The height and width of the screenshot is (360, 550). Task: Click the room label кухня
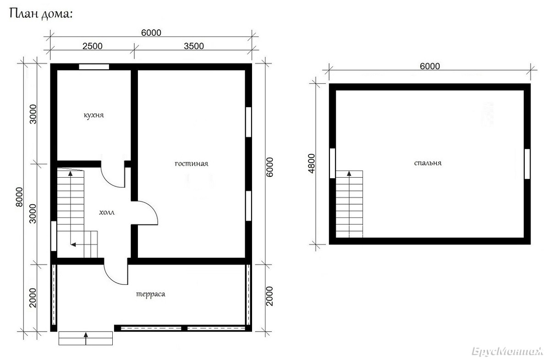[x=94, y=115]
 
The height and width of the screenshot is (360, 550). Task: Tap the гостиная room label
[x=192, y=164]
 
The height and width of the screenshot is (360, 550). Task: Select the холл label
[x=107, y=212]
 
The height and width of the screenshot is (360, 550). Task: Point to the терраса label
[x=150, y=294]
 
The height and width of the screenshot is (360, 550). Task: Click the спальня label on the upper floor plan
[x=428, y=163]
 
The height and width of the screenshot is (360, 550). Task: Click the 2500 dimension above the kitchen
[x=92, y=46]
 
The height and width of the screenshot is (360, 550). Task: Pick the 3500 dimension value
[x=194, y=46]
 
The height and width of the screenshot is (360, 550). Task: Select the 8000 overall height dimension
[x=19, y=197]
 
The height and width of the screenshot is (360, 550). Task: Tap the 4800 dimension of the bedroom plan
[x=311, y=164]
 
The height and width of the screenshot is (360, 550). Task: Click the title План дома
[x=41, y=14]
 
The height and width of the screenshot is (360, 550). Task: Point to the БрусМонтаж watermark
[x=507, y=351]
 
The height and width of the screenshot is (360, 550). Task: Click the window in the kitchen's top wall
[x=94, y=67]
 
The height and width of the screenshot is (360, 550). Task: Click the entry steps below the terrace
[x=86, y=338]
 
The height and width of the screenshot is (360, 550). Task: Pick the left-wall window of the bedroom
[x=332, y=163]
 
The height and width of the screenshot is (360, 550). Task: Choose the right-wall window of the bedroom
[x=527, y=164]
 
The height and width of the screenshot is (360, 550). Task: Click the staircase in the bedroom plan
[x=349, y=204]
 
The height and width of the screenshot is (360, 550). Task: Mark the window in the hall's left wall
[x=54, y=236]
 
